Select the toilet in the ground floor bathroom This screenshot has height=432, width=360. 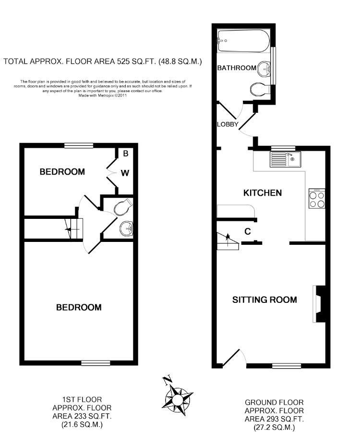[260, 89]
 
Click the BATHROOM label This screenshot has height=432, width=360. [237, 68]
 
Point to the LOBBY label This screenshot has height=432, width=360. [228, 124]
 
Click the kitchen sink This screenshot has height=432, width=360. [285, 159]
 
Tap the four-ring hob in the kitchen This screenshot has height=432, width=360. [316, 199]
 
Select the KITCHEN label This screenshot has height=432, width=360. [263, 193]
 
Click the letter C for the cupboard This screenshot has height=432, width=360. [248, 231]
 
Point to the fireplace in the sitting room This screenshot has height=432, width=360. [319, 303]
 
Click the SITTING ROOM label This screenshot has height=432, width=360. [264, 300]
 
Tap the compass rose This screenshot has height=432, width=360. [179, 398]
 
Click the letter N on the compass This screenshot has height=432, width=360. [167, 381]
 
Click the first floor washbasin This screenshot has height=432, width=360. [126, 228]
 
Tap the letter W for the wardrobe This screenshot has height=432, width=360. [124, 173]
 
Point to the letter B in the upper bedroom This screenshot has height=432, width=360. [126, 154]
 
